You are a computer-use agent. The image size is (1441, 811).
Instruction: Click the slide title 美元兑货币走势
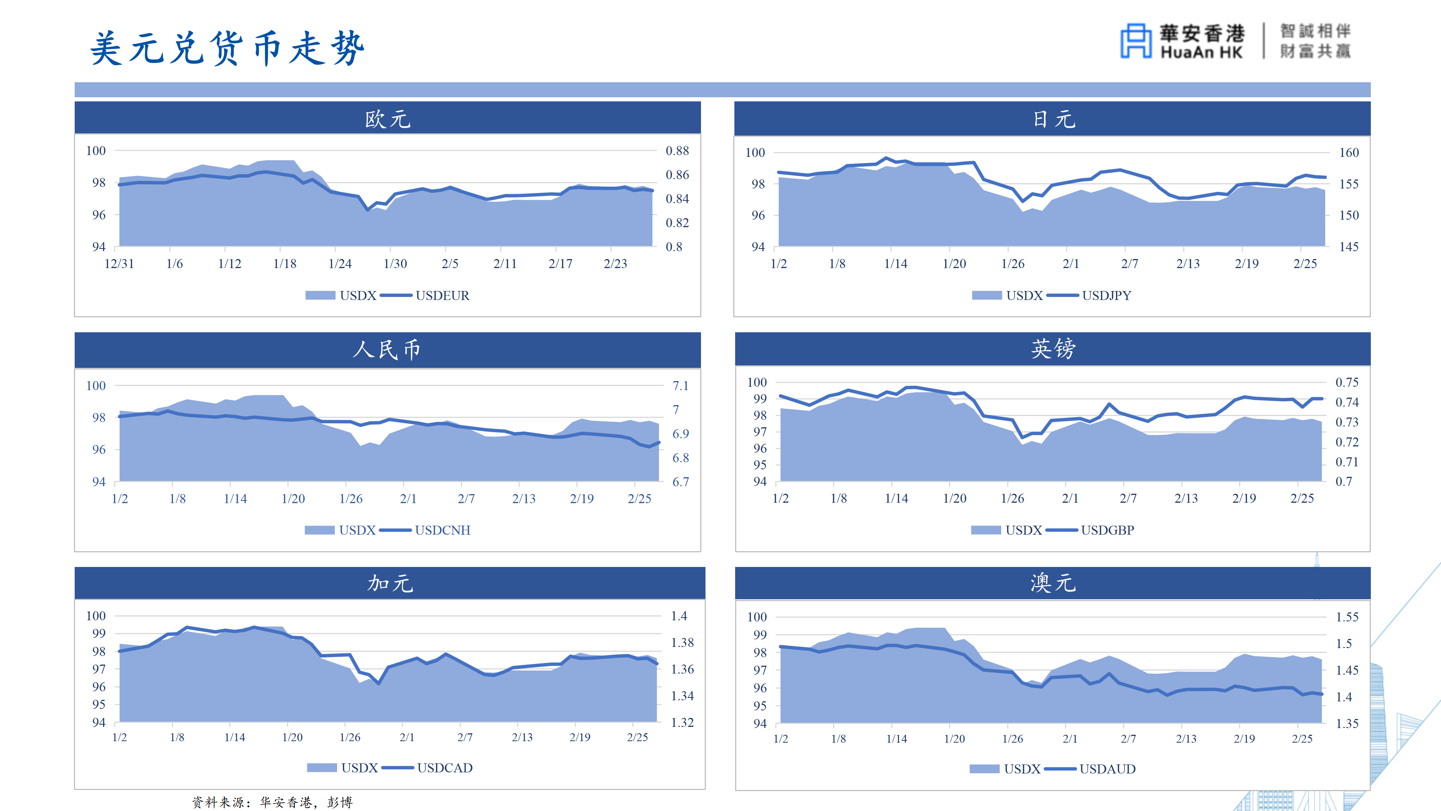pos(227,49)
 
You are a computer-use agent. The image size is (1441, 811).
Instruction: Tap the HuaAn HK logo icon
pos(1136,41)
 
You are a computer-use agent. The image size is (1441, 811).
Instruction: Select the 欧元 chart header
pos(388,119)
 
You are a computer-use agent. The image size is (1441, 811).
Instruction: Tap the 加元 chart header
pos(390,583)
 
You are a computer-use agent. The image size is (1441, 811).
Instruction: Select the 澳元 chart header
pos(1053,583)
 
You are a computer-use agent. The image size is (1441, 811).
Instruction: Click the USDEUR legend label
pos(442,295)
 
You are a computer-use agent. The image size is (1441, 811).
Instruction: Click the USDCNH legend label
pos(442,530)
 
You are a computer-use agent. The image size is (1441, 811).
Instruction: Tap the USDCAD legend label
pos(445,768)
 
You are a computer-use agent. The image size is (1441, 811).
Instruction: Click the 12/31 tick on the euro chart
pos(119,264)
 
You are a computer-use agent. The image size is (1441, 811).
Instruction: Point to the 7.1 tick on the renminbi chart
pos(680,386)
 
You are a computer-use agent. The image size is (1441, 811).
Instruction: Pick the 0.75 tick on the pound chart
pos(1346,382)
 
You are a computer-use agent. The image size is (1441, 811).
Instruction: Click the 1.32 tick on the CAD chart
pos(682,722)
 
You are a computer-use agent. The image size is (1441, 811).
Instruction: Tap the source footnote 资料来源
pos(272,802)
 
